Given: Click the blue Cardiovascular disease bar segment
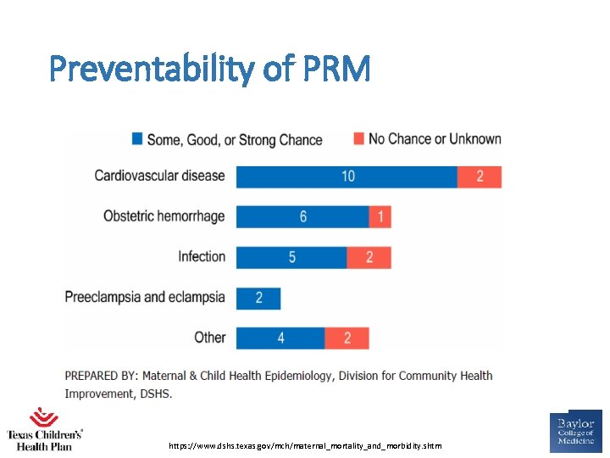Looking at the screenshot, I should tap(347, 176).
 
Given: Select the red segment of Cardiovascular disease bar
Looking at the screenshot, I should tap(480, 176).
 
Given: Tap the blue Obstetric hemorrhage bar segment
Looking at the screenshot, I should tap(302, 217).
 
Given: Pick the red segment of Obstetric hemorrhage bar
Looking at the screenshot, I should tap(380, 217).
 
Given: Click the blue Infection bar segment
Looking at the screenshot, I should tap(291, 257).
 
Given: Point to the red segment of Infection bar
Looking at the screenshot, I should tap(369, 257).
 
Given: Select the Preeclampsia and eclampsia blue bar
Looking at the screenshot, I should tap(258, 298).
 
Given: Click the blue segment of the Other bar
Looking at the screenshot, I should tap(280, 338).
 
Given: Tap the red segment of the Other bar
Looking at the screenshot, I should tap(347, 338).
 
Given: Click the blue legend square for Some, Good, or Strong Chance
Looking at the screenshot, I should tap(137, 139).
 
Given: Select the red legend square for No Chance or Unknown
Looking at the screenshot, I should tap(358, 139).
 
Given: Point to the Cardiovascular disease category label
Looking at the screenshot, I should tap(159, 176).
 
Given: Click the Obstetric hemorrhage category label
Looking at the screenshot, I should tap(164, 216).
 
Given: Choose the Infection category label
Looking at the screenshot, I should tap(202, 257).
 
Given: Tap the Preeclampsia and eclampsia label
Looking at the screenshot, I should tap(145, 298).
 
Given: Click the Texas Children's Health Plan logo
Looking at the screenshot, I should tap(44, 429).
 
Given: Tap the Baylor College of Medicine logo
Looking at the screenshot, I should tap(575, 433).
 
